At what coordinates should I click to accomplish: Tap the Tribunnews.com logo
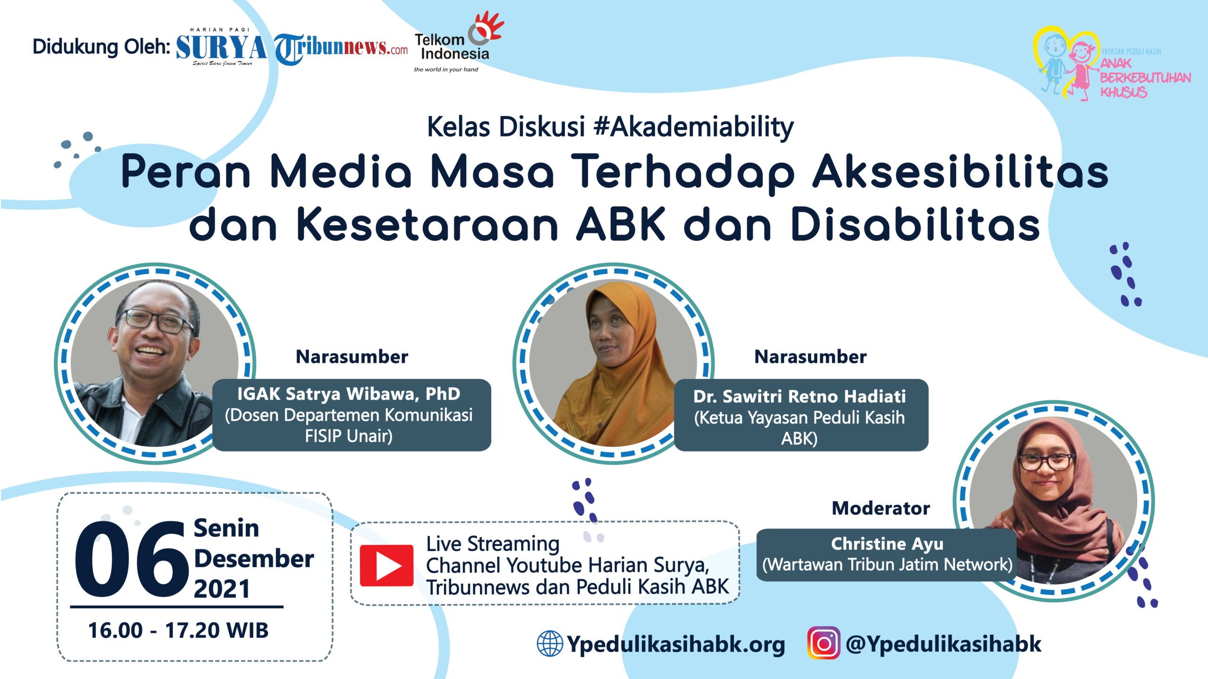click(x=341, y=49)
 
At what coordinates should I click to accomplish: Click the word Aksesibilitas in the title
click(x=960, y=172)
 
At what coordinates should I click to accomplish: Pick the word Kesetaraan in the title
click(x=428, y=225)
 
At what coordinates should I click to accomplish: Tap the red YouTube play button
click(x=386, y=565)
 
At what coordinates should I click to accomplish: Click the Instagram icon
click(x=823, y=643)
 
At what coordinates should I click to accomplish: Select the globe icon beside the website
click(x=550, y=643)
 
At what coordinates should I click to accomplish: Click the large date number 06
click(x=131, y=559)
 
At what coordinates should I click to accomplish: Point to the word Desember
click(x=254, y=559)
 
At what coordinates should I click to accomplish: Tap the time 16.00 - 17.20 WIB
click(x=178, y=630)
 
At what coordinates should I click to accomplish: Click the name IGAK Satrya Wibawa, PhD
click(x=349, y=394)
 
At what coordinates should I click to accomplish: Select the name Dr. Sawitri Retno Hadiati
click(x=799, y=396)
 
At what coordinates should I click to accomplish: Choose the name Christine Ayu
click(x=887, y=544)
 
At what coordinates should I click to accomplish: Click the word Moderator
click(x=881, y=508)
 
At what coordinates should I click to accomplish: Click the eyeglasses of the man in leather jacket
click(x=156, y=321)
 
